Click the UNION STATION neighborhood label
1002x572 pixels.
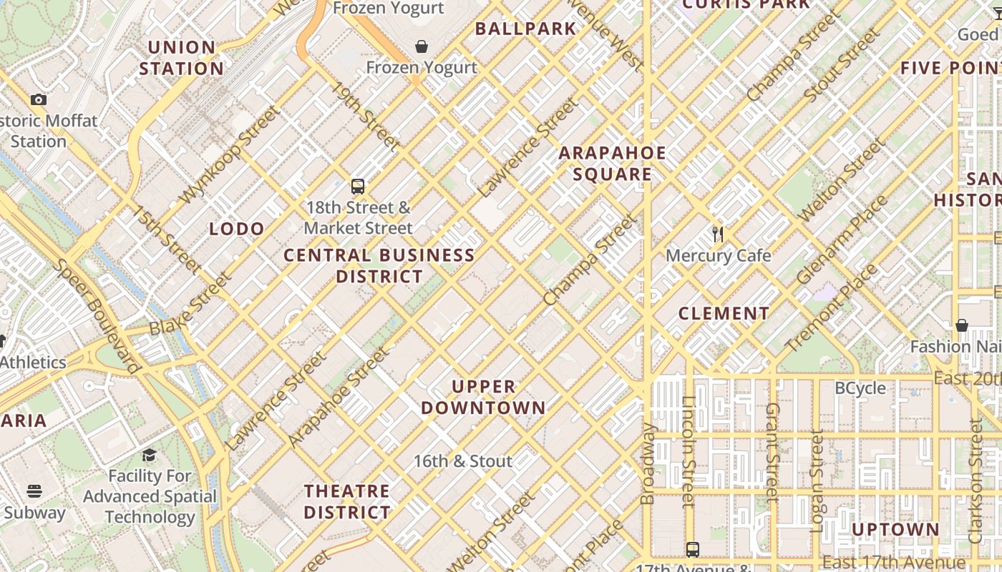[181, 58]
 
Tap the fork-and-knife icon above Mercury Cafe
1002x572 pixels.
[719, 234]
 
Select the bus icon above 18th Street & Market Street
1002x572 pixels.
[358, 187]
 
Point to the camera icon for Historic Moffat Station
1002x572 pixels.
[39, 99]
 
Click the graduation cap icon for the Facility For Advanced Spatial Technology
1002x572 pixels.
[149, 455]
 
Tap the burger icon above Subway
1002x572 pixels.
[34, 491]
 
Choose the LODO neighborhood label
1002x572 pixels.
[237, 229]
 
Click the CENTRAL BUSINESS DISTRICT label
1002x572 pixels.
[379, 265]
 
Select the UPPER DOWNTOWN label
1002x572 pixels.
[483, 398]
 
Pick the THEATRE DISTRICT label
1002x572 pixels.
[347, 501]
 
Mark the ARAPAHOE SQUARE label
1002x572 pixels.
[613, 163]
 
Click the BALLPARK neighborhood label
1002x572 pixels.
[526, 29]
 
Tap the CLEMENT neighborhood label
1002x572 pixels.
[724, 313]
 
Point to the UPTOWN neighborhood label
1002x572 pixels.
[895, 529]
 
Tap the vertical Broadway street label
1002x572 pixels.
[648, 463]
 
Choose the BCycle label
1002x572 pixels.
[860, 388]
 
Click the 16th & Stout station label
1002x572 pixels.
[463, 461]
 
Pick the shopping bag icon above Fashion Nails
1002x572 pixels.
[962, 325]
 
